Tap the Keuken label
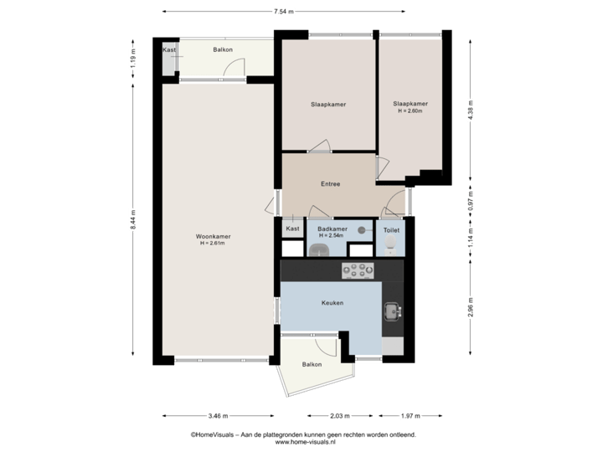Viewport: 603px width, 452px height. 332,303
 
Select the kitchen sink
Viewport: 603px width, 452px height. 392,311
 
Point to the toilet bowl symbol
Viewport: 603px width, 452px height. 391,245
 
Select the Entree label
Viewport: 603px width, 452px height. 330,184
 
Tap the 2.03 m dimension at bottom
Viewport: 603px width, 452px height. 340,416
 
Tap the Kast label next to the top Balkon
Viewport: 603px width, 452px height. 169,50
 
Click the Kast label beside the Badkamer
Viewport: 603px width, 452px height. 292,229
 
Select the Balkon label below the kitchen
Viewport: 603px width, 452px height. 312,365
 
